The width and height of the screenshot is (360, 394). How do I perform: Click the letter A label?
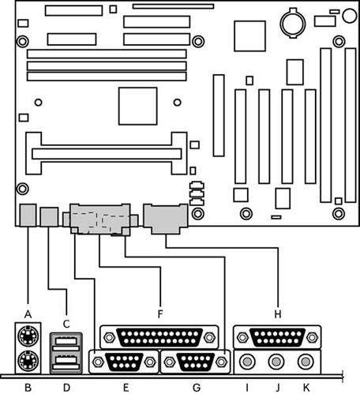28,314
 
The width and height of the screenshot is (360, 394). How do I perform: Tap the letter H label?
278,314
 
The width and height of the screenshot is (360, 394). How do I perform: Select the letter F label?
160,314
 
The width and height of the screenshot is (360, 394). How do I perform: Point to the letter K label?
306,388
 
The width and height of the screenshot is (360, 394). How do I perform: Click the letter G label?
197,388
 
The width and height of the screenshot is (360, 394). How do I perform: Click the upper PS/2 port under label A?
28,336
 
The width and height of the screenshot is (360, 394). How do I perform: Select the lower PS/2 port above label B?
28,361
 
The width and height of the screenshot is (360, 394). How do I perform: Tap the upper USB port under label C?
66,343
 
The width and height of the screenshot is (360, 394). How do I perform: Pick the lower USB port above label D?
66,362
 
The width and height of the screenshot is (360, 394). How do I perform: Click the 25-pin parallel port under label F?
159,337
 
